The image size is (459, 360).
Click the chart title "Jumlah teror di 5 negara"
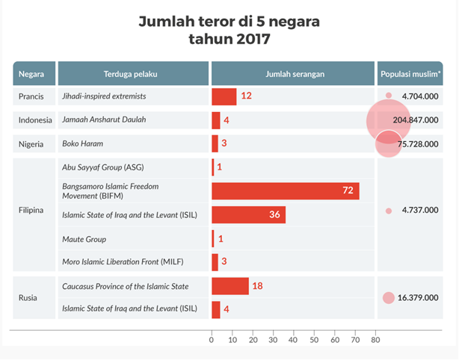coord(229,22)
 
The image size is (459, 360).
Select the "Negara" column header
coord(34,73)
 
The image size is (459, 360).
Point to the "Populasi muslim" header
coord(410,73)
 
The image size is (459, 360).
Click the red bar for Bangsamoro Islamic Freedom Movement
coord(285,190)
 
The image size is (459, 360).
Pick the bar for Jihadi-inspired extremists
coord(224,96)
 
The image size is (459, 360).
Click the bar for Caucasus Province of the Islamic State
coord(230,286)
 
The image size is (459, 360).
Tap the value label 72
coord(348,190)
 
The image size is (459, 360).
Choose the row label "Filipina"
coord(31,211)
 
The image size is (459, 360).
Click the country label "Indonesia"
coord(34,120)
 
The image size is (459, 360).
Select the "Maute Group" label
coord(84,239)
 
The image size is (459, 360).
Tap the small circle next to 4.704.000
coord(389,96)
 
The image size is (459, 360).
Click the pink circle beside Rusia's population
coord(388,298)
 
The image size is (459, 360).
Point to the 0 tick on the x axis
coord(212,340)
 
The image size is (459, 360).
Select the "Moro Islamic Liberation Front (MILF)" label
coord(123,262)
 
